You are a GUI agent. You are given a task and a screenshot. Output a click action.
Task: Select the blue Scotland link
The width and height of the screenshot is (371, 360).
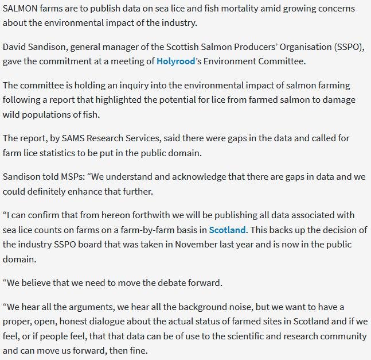pyautogui.click(x=227, y=230)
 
